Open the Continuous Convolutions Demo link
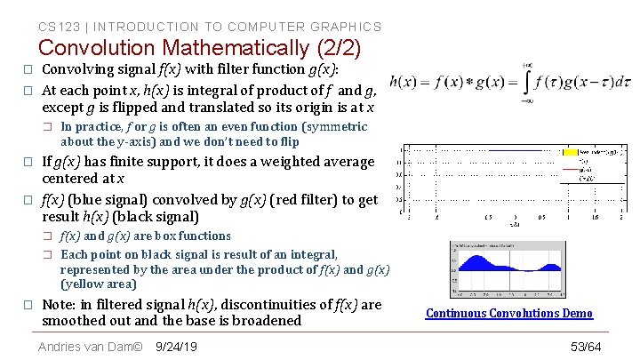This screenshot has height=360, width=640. pos(508,313)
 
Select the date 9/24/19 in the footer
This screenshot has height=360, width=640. pos(176,346)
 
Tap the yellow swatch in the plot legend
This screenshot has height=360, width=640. pos(570,152)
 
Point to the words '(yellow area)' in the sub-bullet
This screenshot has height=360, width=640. pos(98,284)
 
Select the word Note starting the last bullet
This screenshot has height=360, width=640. pos(60,304)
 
